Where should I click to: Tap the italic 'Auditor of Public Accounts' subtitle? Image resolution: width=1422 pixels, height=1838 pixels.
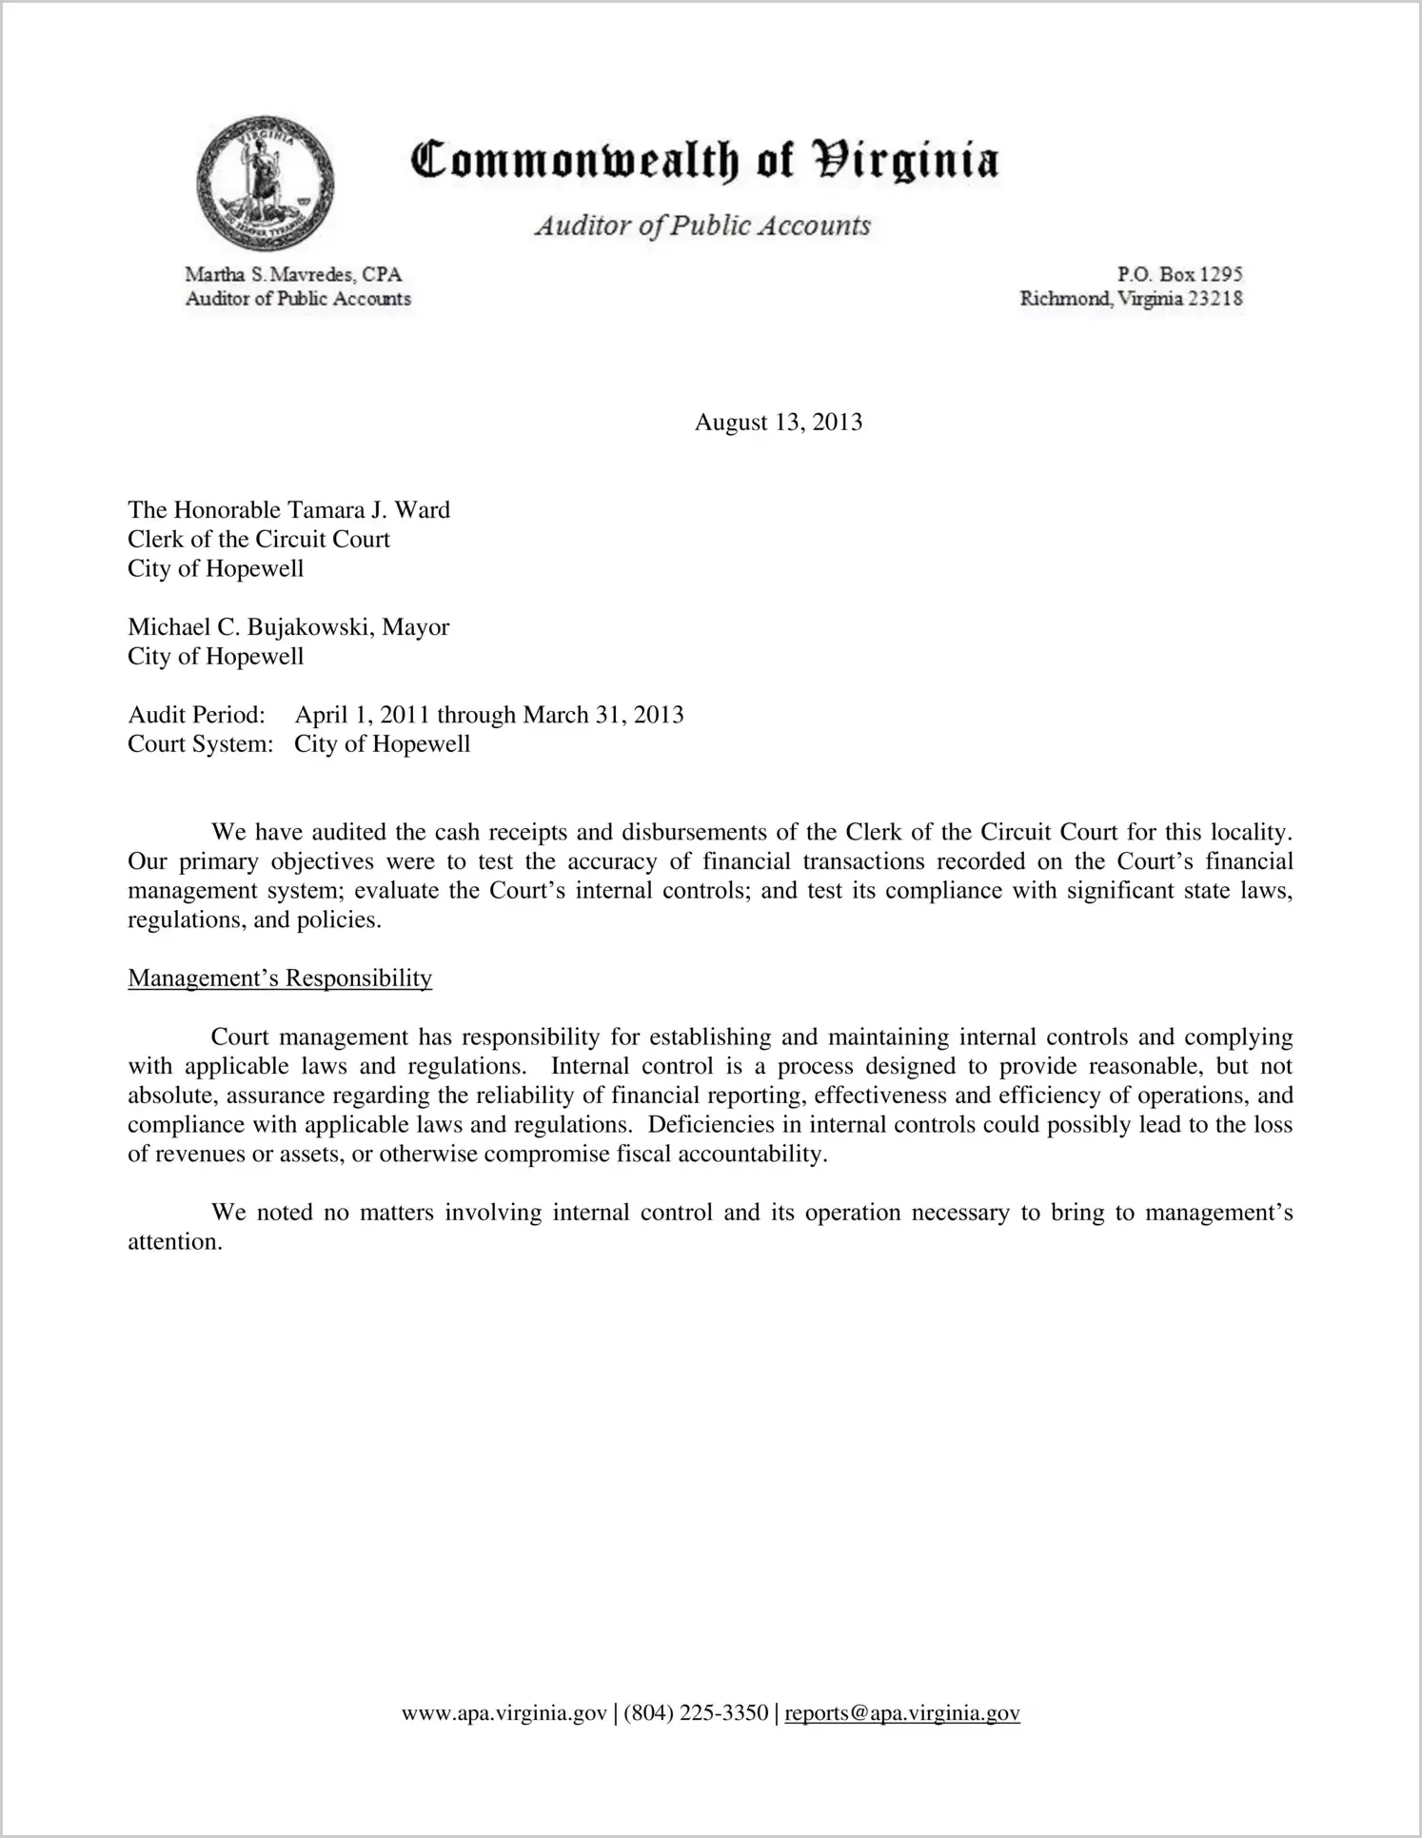[702, 226]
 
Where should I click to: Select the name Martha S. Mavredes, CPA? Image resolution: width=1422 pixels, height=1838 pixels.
[293, 274]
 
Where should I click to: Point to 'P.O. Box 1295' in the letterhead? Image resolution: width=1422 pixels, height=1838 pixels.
[1179, 274]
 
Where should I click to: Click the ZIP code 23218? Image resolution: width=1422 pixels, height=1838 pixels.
[1214, 299]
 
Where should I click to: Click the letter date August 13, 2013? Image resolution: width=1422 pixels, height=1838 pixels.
[779, 423]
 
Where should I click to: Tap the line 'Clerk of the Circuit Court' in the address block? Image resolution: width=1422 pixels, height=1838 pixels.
[259, 540]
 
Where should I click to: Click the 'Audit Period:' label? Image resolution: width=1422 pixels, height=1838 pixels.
[196, 715]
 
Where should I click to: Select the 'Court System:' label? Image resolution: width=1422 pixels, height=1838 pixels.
[200, 744]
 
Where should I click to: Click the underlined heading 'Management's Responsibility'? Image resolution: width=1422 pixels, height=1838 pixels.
[280, 978]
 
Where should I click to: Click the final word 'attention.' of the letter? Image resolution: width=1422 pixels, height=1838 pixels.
[175, 1242]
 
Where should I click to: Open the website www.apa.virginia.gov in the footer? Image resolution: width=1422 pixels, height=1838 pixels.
[504, 1713]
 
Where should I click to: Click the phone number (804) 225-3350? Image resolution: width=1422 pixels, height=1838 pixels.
[696, 1713]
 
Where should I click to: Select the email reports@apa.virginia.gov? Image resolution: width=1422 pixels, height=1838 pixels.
[902, 1713]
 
